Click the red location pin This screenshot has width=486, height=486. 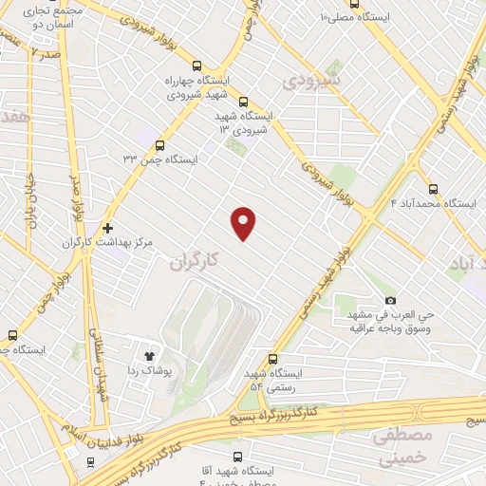coord(244,222)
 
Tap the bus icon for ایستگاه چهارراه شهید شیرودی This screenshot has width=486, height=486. coord(196,66)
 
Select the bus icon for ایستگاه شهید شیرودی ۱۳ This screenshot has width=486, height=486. coord(243,102)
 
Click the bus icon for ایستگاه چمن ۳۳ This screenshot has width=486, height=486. coord(159,146)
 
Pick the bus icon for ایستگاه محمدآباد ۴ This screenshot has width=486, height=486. coord(434,188)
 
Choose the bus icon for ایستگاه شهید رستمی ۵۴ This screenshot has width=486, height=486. coord(273,360)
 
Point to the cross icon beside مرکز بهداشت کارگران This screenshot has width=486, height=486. coord(108,228)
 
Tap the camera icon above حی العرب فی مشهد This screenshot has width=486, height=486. coord(390,300)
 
